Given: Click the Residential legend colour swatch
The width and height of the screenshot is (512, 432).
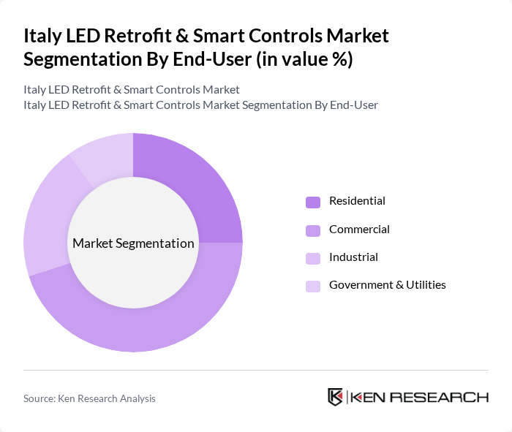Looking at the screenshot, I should (x=313, y=202).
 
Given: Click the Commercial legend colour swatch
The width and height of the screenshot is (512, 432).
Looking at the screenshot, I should (x=313, y=230).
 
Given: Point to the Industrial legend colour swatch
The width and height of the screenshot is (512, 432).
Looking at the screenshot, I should (x=313, y=258).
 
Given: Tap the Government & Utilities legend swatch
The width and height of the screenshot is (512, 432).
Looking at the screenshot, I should (x=313, y=286).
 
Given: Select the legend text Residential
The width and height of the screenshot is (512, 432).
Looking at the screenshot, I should (x=357, y=201).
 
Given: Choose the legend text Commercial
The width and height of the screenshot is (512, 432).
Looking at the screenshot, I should (x=359, y=230).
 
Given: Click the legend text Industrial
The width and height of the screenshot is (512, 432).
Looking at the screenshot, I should (x=353, y=257).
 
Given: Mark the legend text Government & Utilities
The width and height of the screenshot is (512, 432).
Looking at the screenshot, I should (x=387, y=285).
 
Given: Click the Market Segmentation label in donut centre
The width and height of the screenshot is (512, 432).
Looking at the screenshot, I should (x=133, y=243).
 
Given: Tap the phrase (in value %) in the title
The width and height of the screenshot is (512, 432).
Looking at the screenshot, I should (x=303, y=60).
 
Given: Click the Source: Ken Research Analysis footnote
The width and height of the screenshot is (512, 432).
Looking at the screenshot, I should (x=89, y=398).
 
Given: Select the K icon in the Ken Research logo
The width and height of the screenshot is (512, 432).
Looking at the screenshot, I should (x=336, y=397).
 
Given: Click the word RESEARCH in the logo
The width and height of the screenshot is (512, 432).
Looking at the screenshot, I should (x=448, y=397).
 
